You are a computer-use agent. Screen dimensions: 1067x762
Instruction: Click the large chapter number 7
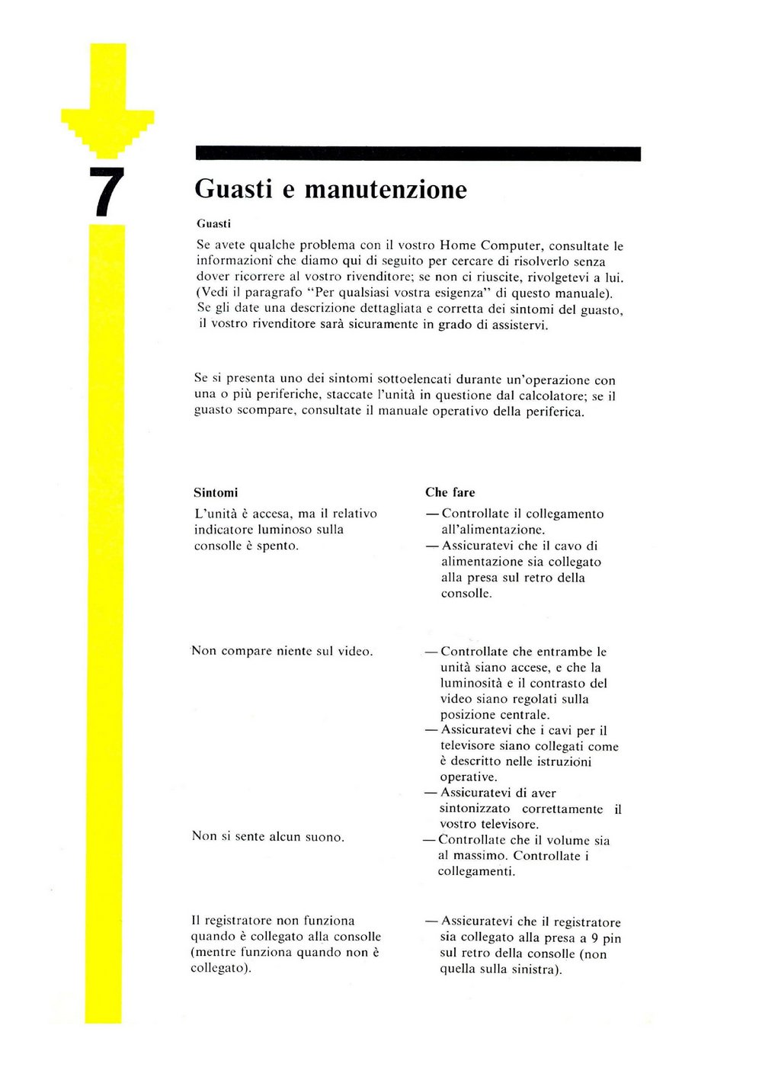[106, 191]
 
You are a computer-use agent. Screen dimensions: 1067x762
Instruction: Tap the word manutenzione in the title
[386, 189]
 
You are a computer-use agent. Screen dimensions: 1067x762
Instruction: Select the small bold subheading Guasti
[213, 224]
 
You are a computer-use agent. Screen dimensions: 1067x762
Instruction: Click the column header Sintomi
[216, 492]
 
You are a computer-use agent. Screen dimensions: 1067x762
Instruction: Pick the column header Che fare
[450, 492]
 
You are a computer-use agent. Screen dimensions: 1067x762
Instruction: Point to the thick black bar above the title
[418, 153]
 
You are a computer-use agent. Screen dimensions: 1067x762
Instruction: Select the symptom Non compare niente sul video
[282, 651]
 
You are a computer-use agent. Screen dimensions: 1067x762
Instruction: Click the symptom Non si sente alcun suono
[267, 837]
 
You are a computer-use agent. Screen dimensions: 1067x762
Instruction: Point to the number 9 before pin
[594, 938]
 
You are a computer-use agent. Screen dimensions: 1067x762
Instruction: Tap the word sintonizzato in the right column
[475, 809]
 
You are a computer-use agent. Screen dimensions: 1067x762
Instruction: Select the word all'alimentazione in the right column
[492, 530]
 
